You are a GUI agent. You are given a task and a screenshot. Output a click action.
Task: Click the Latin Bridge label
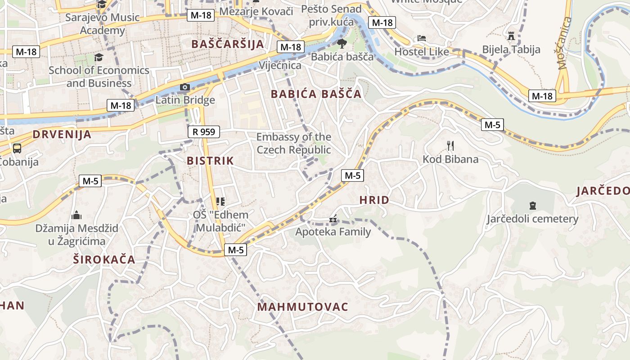click(185, 100)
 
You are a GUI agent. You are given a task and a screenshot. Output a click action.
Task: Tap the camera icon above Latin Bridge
click(184, 87)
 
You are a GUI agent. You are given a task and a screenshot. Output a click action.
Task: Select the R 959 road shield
click(204, 132)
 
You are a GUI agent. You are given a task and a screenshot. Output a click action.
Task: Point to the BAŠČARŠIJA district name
click(227, 44)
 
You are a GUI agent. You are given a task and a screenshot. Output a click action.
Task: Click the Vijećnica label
click(280, 66)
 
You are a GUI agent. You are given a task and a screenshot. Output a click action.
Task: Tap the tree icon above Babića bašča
click(342, 43)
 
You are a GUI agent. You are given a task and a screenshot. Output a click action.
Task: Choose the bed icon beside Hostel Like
click(422, 38)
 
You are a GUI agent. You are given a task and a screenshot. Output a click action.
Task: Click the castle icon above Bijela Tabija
click(511, 36)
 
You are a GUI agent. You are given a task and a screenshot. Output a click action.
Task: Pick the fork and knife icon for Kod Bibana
click(450, 145)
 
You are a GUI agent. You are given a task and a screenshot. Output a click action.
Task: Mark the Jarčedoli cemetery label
click(532, 219)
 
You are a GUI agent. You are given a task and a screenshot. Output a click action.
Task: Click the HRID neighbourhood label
click(374, 200)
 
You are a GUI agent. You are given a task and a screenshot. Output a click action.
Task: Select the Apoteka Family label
click(333, 232)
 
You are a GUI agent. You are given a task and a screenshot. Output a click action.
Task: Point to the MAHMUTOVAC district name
click(303, 307)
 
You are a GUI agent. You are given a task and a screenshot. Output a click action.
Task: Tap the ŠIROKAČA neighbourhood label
click(104, 259)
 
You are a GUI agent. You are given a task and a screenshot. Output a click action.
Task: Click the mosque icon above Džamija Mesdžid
click(76, 215)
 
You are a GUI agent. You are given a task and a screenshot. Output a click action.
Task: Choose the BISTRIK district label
click(210, 161)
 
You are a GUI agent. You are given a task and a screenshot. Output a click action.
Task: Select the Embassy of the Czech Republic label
click(294, 143)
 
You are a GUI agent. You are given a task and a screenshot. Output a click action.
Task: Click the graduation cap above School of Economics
click(99, 57)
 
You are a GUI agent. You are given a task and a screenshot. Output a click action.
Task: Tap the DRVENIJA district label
click(62, 134)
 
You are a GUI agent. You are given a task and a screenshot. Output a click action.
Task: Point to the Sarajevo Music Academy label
click(103, 24)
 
